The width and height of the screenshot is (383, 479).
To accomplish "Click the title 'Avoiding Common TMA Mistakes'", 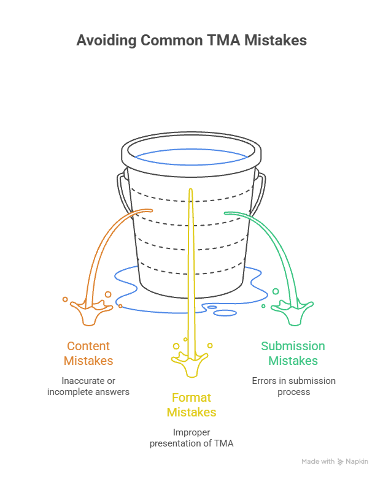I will (191, 41).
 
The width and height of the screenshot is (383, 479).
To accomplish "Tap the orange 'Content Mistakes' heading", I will (88, 353).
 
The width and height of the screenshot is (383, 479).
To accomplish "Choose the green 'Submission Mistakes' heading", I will (293, 353).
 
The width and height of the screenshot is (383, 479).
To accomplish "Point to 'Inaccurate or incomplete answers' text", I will (88, 386).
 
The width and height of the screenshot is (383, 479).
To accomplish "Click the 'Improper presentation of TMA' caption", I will (191, 437).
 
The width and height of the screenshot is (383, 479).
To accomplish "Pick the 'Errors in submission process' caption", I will (293, 386).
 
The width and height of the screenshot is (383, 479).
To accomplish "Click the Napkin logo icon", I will (341, 462).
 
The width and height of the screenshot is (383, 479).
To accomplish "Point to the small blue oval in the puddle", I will (211, 307).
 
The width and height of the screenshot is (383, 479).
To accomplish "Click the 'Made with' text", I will (318, 462).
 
